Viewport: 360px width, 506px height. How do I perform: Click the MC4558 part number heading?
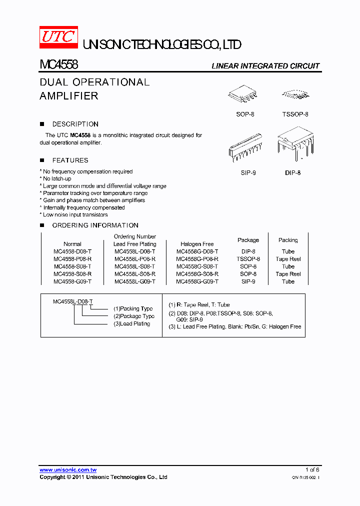58,65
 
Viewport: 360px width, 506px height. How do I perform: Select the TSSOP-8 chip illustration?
295,94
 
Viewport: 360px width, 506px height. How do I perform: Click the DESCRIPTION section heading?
75,124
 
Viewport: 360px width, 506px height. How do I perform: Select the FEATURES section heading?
70,160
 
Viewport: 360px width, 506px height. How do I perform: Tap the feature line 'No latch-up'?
57,178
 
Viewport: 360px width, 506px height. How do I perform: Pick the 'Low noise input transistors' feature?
75,214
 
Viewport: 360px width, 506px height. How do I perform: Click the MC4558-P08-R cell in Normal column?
72,259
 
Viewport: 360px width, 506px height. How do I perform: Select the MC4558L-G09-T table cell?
134,281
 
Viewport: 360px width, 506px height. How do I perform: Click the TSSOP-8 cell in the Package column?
248,259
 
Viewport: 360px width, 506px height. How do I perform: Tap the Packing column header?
288,240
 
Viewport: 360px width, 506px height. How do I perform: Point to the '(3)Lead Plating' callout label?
131,324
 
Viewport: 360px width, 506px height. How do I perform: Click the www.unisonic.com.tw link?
68,470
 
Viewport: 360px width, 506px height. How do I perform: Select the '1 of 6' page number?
312,470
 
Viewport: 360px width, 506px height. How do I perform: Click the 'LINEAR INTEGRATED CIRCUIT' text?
265,66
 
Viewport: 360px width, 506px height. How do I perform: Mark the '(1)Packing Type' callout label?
133,309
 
